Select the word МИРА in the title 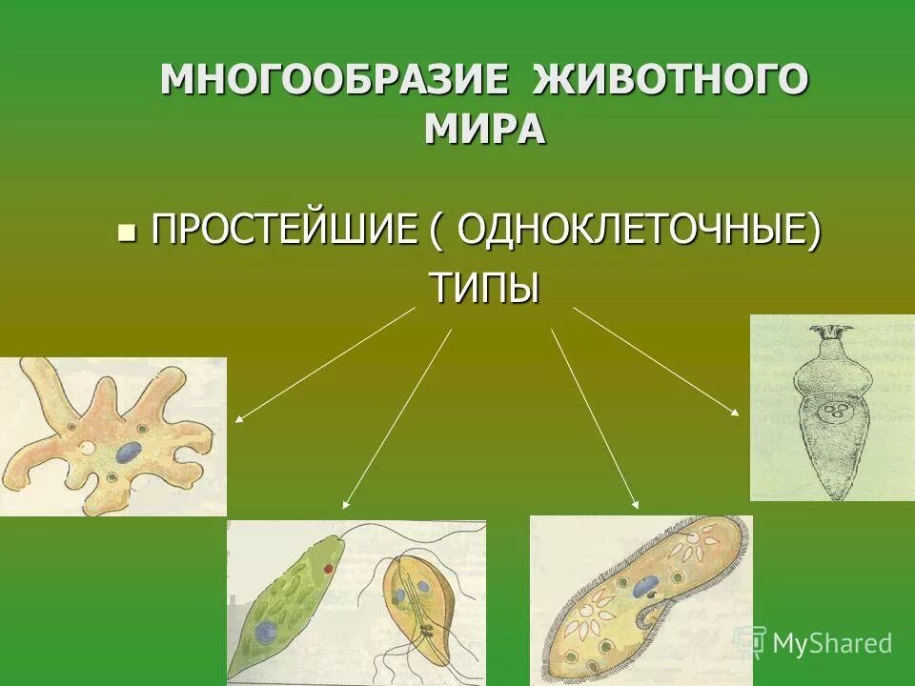pos(485,129)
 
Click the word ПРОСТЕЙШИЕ pos(283,232)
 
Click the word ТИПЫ pos(485,287)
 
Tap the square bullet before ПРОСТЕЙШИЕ pos(124,232)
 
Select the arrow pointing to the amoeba pos(324,364)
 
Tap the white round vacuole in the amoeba pos(87,446)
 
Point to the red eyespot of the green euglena pos(327,568)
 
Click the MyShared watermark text pos(831,643)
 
